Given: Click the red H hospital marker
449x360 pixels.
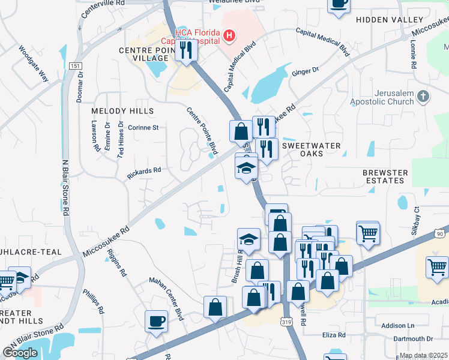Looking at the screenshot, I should (x=228, y=37).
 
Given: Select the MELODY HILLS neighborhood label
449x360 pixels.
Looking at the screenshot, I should (x=122, y=111).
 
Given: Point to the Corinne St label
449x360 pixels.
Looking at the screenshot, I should (x=143, y=128).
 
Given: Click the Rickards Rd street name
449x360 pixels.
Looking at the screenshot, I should (x=144, y=173).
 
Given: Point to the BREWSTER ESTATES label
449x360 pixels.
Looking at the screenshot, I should (x=385, y=176).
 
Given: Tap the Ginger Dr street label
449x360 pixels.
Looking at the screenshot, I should (x=305, y=71).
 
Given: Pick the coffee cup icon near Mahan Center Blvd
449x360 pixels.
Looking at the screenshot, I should (x=156, y=320).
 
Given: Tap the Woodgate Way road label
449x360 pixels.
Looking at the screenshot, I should (x=33, y=64).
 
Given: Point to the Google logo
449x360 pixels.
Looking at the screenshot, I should (x=20, y=353).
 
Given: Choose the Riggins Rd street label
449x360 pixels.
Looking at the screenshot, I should (x=117, y=262).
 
